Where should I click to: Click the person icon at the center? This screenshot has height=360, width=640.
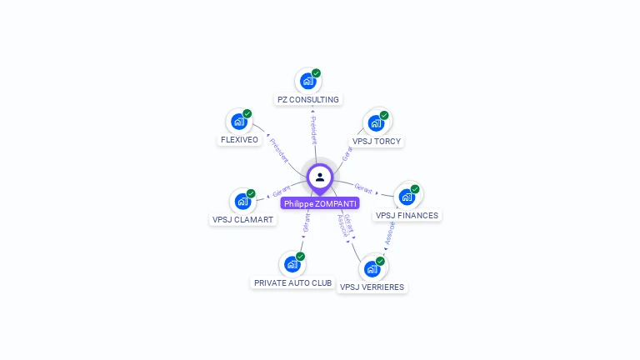[x=320, y=177]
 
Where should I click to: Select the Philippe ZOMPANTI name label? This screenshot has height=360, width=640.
[x=320, y=203]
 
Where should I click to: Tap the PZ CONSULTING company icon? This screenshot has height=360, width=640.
[x=307, y=81]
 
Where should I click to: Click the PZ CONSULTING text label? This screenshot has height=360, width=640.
[x=308, y=100]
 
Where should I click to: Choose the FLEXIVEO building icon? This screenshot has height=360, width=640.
[x=239, y=122]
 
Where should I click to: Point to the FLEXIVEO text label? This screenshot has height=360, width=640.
[x=239, y=140]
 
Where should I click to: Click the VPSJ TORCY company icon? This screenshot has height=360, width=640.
[x=376, y=123]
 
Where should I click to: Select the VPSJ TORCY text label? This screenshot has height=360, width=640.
[x=377, y=142]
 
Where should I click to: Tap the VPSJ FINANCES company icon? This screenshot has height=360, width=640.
[x=407, y=197]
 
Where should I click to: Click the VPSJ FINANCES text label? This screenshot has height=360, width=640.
[x=407, y=216]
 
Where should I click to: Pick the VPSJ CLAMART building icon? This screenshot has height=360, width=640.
[x=242, y=201]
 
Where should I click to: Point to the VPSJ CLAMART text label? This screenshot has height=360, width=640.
[x=242, y=220]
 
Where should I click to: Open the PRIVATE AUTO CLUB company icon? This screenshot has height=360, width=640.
[x=292, y=264]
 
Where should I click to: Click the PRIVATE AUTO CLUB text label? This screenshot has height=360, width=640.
[x=292, y=283]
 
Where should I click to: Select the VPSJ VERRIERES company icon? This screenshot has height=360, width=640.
[x=372, y=268]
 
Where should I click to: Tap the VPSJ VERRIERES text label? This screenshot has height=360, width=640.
[x=372, y=287]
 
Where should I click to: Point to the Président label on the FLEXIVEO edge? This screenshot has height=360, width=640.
[x=279, y=151]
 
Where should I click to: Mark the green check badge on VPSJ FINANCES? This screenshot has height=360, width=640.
[x=415, y=189]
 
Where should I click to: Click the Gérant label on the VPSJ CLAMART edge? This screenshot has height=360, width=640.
[x=282, y=191]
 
